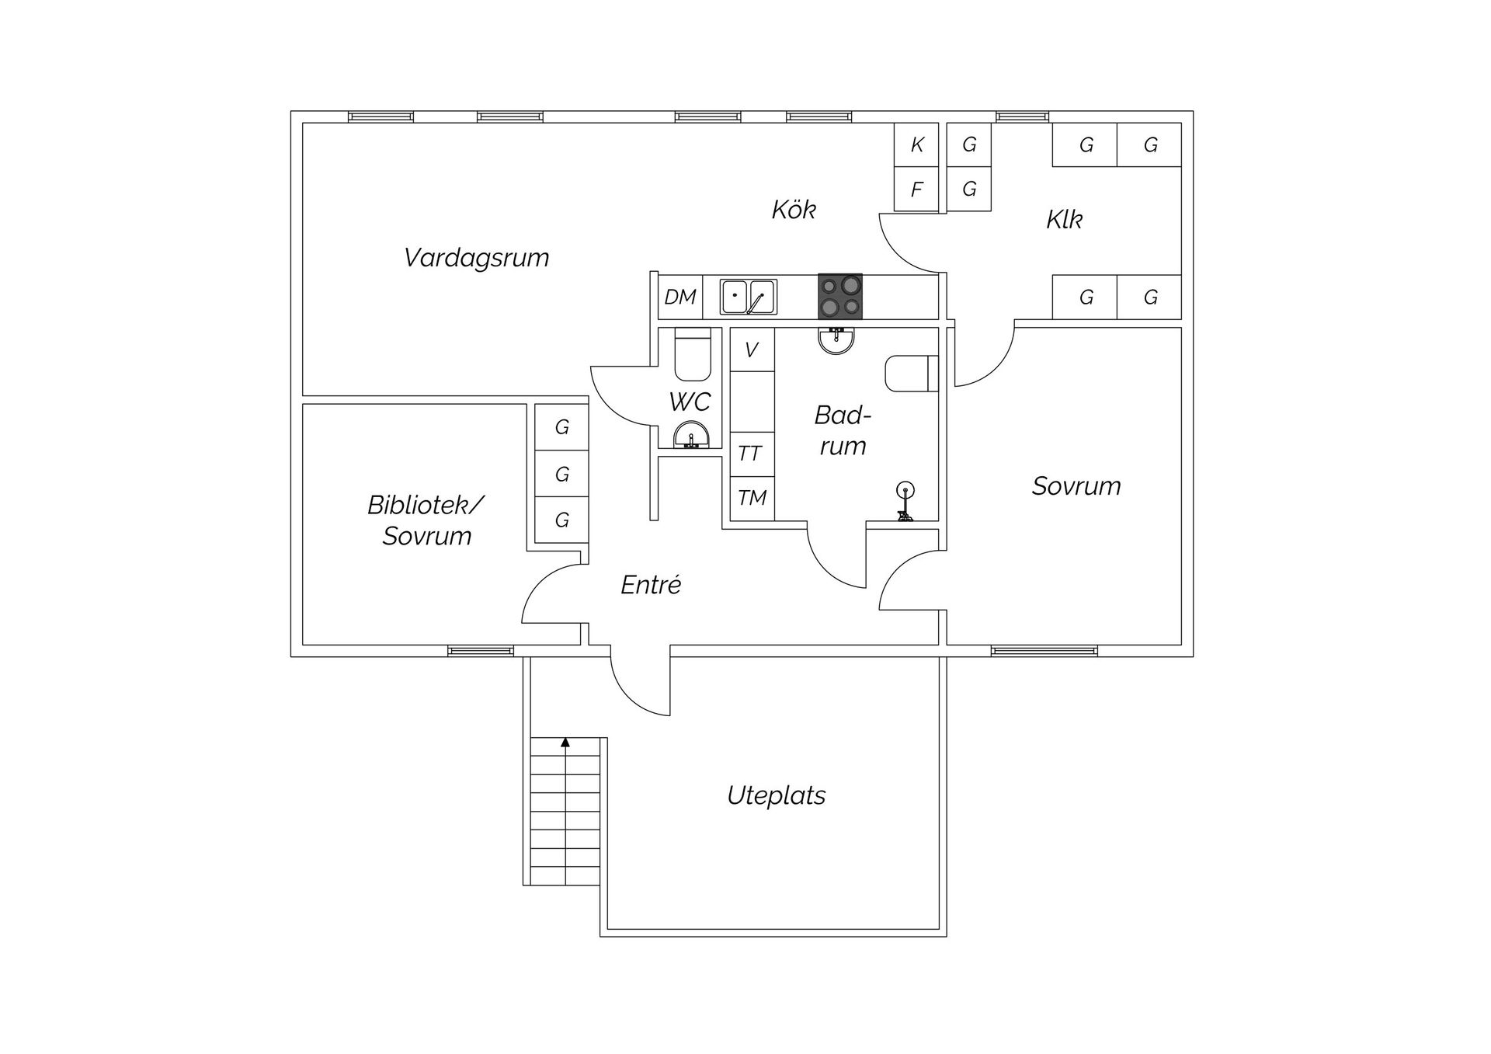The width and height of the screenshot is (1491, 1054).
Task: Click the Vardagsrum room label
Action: pyautogui.click(x=476, y=258)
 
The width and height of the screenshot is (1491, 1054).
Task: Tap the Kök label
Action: pyautogui.click(x=794, y=209)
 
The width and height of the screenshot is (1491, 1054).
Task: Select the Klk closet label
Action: pyautogui.click(x=1064, y=219)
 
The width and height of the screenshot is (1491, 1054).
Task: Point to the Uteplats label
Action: pyautogui.click(x=776, y=795)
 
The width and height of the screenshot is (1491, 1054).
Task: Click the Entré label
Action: pyautogui.click(x=651, y=584)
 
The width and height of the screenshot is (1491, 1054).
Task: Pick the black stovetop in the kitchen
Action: pyautogui.click(x=840, y=296)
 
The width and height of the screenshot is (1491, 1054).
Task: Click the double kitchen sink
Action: pyautogui.click(x=748, y=297)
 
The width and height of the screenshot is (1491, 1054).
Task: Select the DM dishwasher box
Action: pyautogui.click(x=680, y=297)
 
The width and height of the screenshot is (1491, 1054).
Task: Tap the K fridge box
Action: pyautogui.click(x=916, y=144)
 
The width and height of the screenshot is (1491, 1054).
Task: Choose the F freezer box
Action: pyautogui.click(x=916, y=189)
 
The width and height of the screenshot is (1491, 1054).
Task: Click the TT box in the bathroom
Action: pyautogui.click(x=752, y=454)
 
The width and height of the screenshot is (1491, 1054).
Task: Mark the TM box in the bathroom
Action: pyautogui.click(x=752, y=498)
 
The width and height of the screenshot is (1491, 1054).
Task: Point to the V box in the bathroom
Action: pyautogui.click(x=752, y=350)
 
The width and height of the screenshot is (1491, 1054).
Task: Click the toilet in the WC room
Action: pyautogui.click(x=693, y=354)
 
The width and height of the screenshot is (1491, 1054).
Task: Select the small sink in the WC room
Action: pyautogui.click(x=690, y=436)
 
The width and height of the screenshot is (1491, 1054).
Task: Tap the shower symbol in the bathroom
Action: pyautogui.click(x=905, y=501)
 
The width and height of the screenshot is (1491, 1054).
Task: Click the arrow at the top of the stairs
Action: pyautogui.click(x=565, y=743)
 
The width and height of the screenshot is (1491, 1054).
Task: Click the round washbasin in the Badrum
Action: pyautogui.click(x=836, y=340)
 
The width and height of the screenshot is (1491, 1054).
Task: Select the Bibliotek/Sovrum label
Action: pyautogui.click(x=426, y=520)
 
